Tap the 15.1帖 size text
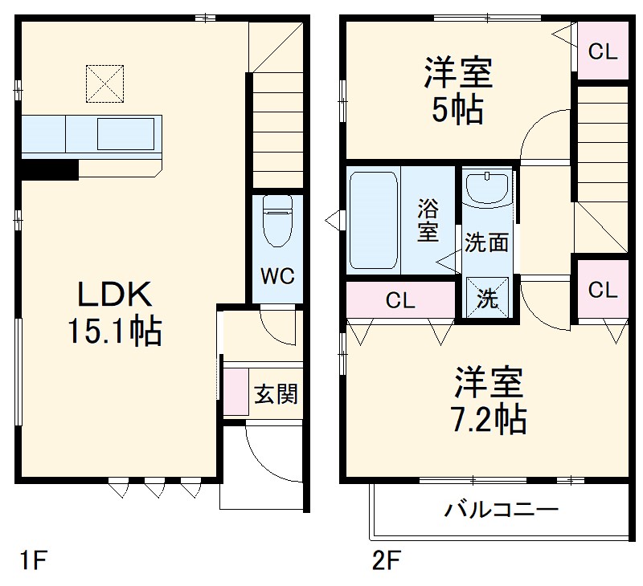114,332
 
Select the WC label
276,276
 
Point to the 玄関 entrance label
276,394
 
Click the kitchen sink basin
125,132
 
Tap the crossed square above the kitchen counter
105,83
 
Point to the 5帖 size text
457,110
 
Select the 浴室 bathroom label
428,221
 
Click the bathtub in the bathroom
374,220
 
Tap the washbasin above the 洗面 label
487,189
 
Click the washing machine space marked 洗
487,299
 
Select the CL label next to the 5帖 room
602,53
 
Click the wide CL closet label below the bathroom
399,301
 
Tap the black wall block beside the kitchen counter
49,169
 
